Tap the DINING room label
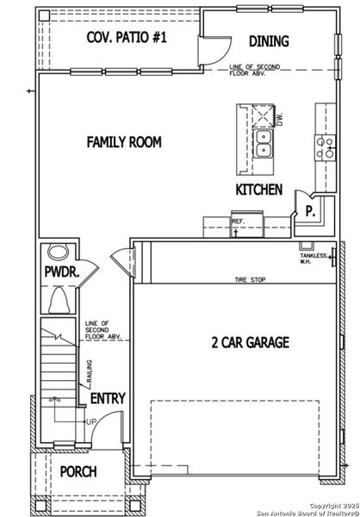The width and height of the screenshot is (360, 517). coord(269,40)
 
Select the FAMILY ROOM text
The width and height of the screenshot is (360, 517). coord(123,141)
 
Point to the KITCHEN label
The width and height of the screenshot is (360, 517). coord(258,189)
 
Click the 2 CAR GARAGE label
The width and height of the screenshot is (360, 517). coord(250,342)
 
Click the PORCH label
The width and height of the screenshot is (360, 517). coord(78,472)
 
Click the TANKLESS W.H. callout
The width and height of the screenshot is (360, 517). coord(311,258)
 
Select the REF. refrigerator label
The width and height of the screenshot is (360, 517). coord(239,221)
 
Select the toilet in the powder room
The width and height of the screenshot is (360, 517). coord(59,302)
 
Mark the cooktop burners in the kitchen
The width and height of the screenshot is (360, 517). coord(326,148)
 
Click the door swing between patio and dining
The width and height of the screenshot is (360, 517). coord(211,52)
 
